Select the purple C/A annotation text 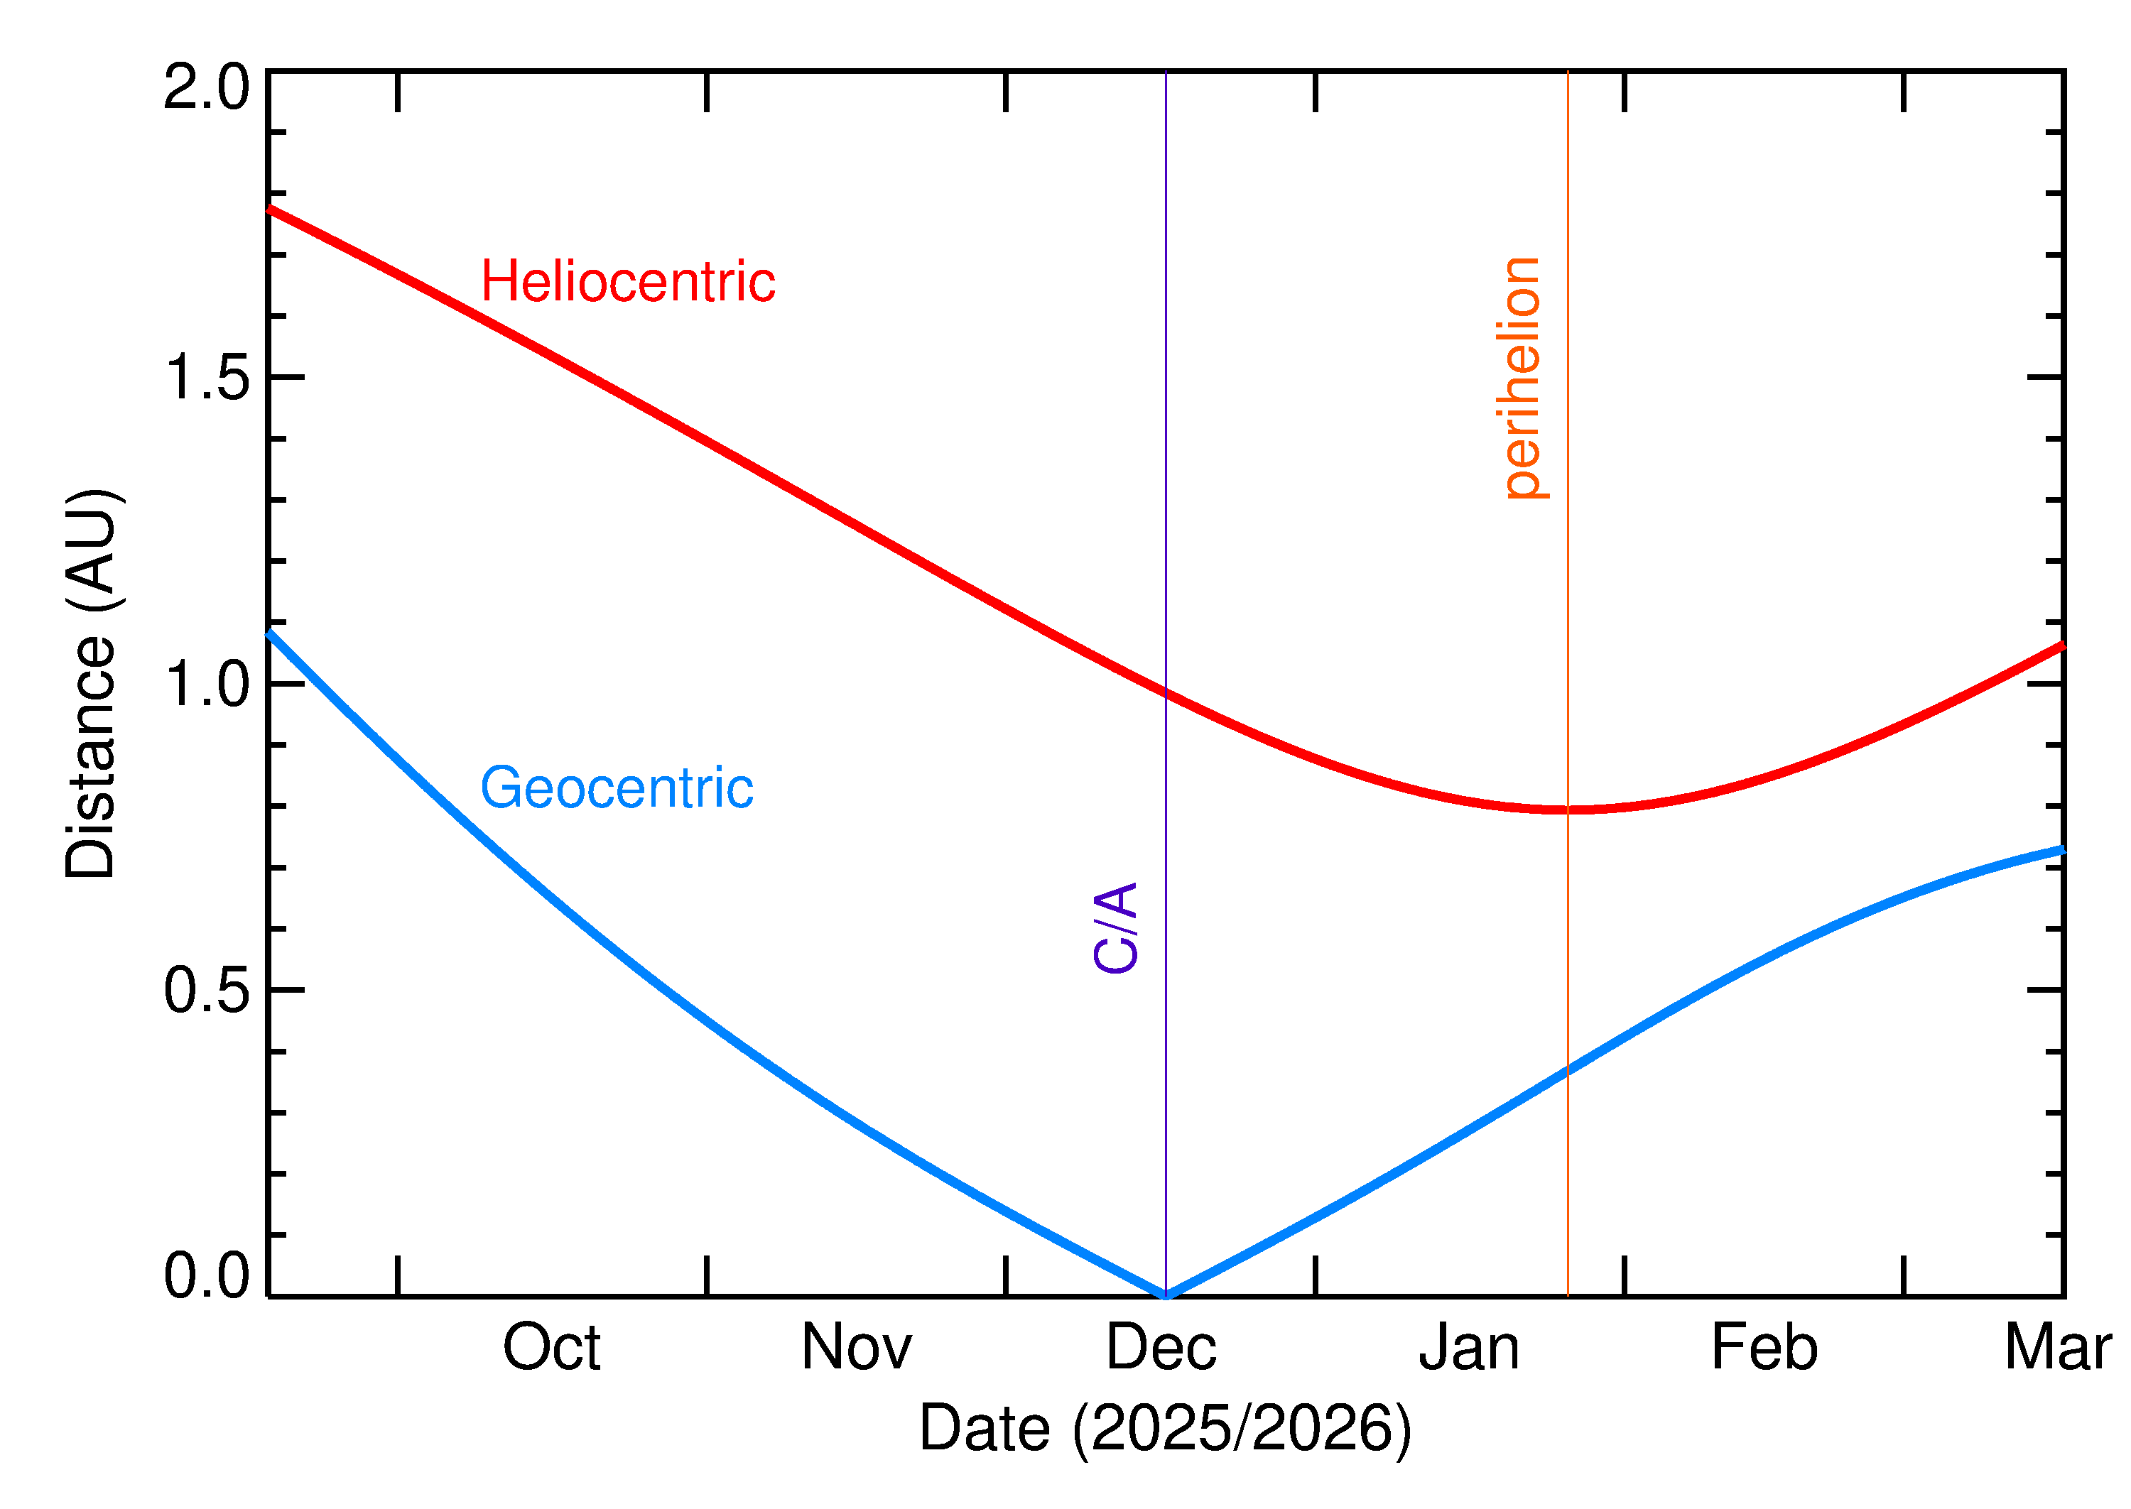1116,927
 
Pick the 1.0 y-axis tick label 206,685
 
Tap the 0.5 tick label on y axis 206,991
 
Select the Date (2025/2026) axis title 1164,1428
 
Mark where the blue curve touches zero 1166,1295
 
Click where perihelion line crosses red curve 1568,810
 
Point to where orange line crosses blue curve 1568,1069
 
